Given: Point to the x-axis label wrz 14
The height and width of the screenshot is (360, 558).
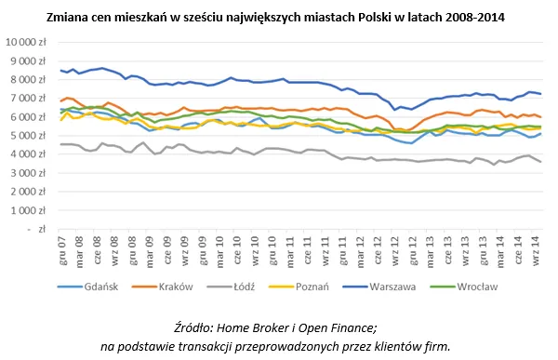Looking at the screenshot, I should click(533, 249).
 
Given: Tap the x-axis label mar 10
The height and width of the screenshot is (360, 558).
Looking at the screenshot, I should click(219, 249).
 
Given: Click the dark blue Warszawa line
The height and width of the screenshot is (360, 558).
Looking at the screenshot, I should click(279, 81).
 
